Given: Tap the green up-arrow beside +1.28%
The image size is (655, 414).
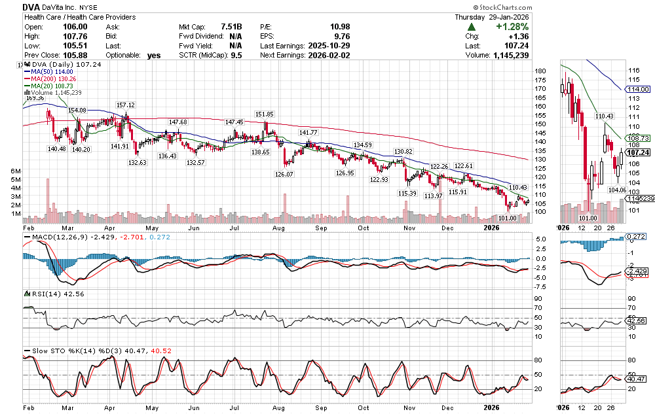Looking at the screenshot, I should click(x=472, y=27).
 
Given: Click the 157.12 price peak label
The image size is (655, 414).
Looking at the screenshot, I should click(x=125, y=105).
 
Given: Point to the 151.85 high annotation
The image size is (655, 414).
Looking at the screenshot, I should click(x=264, y=115).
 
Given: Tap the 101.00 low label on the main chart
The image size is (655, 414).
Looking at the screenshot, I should click(x=507, y=218).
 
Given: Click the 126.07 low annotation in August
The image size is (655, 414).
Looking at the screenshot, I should click(x=284, y=174).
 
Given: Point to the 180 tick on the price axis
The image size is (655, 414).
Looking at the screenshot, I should click(x=540, y=71).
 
